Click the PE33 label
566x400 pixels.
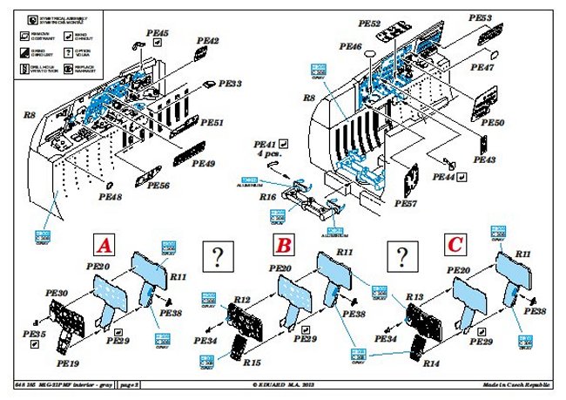tap(230, 84)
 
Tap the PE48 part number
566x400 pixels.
tap(111, 198)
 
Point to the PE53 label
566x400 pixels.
tap(505, 17)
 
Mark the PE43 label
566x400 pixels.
tap(485, 160)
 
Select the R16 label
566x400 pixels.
tap(268, 199)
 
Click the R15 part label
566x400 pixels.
tap(252, 361)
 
